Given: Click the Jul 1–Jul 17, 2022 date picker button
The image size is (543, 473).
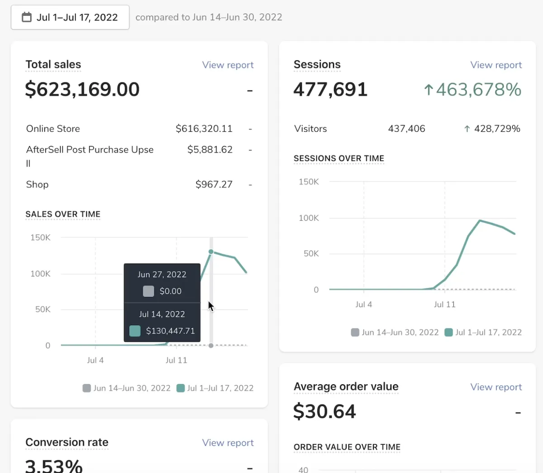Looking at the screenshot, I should pyautogui.click(x=70, y=18).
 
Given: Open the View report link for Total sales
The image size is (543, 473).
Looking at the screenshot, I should pyautogui.click(x=228, y=65).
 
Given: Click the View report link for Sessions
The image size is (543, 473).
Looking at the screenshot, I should pyautogui.click(x=496, y=65).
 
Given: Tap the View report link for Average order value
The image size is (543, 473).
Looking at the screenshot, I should pyautogui.click(x=496, y=387).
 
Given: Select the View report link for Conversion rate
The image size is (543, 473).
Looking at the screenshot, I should pyautogui.click(x=228, y=443).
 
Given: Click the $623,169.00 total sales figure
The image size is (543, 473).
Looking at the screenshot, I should pyautogui.click(x=82, y=90).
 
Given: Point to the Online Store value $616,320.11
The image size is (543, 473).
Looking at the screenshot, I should pyautogui.click(x=204, y=129).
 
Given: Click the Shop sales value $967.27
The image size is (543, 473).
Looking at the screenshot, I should pyautogui.click(x=214, y=184).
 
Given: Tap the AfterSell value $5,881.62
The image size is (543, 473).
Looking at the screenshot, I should pyautogui.click(x=210, y=150).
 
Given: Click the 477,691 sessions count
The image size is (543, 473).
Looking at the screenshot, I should pyautogui.click(x=330, y=90).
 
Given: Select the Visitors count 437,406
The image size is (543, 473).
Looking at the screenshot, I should pyautogui.click(x=406, y=129).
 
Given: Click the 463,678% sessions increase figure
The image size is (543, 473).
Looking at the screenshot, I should pyautogui.click(x=473, y=90).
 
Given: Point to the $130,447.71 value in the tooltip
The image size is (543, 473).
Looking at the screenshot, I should pyautogui.click(x=170, y=331).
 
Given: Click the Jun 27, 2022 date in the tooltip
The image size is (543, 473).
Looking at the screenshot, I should pyautogui.click(x=162, y=274).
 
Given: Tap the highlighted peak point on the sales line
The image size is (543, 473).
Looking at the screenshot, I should pyautogui.click(x=211, y=251).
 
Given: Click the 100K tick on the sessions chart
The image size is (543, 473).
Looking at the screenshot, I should pyautogui.click(x=309, y=218).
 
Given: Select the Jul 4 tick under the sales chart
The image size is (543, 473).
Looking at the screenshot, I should pyautogui.click(x=95, y=360).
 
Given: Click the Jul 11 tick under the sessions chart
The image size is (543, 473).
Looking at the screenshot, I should pyautogui.click(x=444, y=305).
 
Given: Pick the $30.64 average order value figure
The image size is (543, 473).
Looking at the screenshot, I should pyautogui.click(x=324, y=412).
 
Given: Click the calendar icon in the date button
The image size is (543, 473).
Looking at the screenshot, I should pyautogui.click(x=27, y=17).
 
